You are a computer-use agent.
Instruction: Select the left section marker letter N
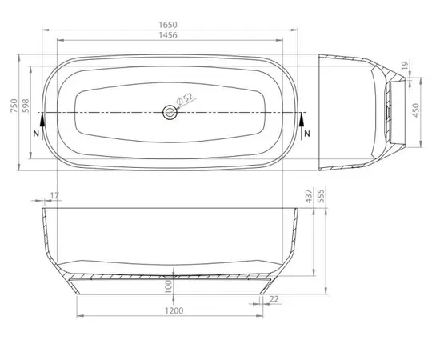(x=38, y=133)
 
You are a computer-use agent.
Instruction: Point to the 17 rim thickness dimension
(x=54, y=196)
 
